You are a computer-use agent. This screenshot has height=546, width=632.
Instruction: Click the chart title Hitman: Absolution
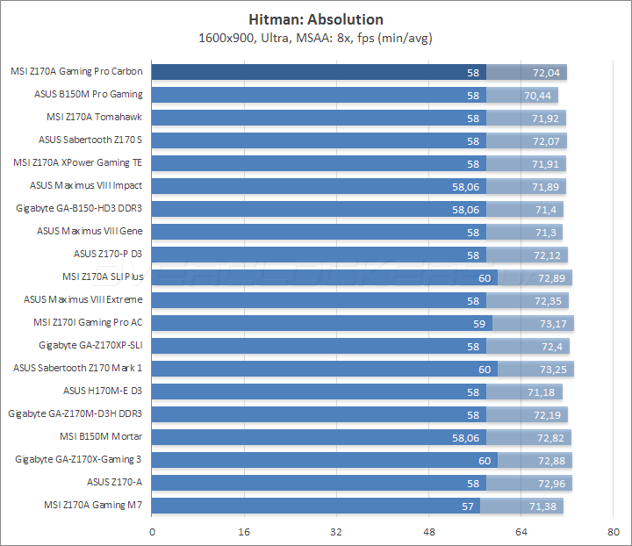coord(316,18)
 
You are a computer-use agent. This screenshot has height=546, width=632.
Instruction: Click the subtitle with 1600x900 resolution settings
coord(316,37)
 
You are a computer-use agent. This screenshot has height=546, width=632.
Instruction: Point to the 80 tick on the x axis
coord(613,531)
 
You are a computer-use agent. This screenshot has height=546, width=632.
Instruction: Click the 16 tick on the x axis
coord(244,531)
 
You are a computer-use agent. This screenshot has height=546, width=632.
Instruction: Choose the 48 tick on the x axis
coord(428,531)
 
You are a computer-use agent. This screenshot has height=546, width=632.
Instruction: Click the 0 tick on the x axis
coord(152,531)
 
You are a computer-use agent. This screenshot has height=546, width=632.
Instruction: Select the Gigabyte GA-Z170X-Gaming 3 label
coord(79,459)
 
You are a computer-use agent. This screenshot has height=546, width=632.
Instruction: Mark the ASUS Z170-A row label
coord(114,482)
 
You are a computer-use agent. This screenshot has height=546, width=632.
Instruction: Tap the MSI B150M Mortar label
coord(102,436)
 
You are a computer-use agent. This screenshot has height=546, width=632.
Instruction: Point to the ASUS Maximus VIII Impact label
coord(86,185)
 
